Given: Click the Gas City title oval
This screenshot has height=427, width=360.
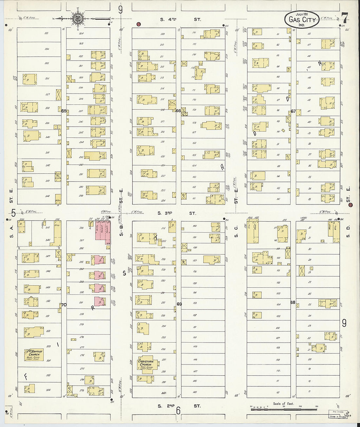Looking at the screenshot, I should click(302, 20).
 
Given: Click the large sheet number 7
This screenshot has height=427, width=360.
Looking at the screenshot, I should click(344, 18).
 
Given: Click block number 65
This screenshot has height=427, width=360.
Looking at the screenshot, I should click(64, 111).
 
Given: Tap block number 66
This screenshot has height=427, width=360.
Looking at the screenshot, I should click(178, 111).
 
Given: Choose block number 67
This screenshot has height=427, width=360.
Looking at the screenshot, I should click(293, 111).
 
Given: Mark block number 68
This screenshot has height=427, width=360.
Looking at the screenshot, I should click(293, 302).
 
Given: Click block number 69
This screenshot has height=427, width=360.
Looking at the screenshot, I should click(179, 304).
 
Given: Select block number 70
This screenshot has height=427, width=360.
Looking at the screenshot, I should click(63, 305).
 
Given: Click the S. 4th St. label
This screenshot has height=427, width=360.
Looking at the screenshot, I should click(180, 20).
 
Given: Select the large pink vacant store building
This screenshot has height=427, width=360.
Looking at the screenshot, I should click(102, 232).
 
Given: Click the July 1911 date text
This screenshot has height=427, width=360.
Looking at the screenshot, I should click(302, 14).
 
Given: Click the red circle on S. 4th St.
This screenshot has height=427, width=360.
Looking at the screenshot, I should click(138, 24).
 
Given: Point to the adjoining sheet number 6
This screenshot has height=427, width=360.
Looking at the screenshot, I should click(178, 410).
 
